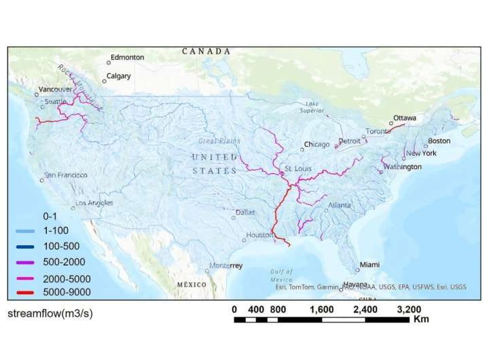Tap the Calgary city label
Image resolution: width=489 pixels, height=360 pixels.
coord(118,76)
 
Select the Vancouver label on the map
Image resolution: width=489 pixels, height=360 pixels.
coord(55,89)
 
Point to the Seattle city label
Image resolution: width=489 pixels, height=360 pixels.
coord(55,102)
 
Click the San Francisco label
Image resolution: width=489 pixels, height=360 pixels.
coord(66,175)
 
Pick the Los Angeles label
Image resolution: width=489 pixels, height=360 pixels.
coord(94,203)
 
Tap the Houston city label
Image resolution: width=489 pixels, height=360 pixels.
coord(259,235)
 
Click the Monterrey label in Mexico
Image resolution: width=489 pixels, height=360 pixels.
coord(226,266)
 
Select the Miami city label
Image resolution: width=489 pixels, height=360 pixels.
coord(369,264)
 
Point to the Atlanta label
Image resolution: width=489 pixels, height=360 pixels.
coord(340,205)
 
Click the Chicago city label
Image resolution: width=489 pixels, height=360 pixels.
coord(316,145)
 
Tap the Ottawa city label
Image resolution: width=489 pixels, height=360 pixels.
coord(405,118)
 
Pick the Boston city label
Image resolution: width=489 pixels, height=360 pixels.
coord(439,141)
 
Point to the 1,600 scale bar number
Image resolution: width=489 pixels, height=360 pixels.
coord(322,310)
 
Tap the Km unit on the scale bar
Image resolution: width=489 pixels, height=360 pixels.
coord(420,319)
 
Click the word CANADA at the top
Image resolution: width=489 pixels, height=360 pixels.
coord(206,52)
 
